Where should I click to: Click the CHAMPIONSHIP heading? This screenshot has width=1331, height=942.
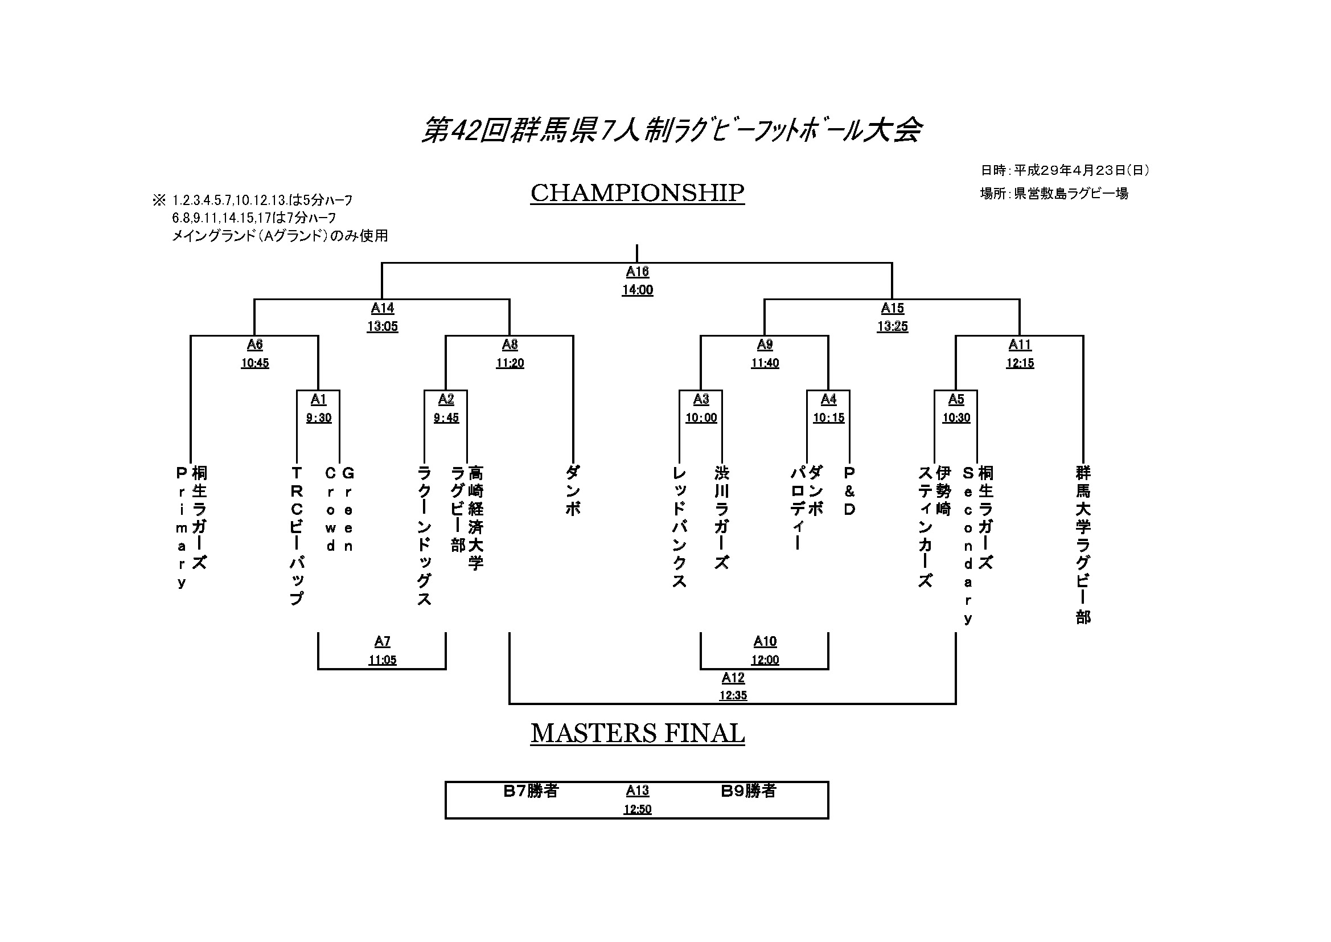point(637,194)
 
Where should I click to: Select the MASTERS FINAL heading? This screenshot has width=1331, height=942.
point(637,734)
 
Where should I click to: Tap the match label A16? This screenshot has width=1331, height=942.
point(637,272)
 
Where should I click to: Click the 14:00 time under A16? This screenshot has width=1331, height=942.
point(637,290)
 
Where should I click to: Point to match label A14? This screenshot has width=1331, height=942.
point(382,308)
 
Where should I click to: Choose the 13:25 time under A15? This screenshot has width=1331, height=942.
point(892,326)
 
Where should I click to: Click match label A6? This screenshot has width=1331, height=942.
point(254,345)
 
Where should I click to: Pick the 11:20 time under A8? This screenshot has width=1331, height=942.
point(510,363)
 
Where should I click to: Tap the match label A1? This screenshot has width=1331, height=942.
point(318,399)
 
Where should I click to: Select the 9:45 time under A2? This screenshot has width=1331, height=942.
point(446,417)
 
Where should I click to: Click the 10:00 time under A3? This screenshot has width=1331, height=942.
point(701,417)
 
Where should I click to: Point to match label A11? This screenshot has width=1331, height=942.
point(1020,345)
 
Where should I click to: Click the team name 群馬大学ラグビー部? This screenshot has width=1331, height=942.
point(1083,544)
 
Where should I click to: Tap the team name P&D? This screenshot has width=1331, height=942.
point(849,491)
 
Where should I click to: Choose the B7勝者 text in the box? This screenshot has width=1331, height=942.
point(531,791)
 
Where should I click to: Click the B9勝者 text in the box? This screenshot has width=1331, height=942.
point(748,791)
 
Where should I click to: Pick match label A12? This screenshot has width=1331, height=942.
point(733,678)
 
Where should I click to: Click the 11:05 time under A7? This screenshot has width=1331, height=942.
point(382,660)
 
